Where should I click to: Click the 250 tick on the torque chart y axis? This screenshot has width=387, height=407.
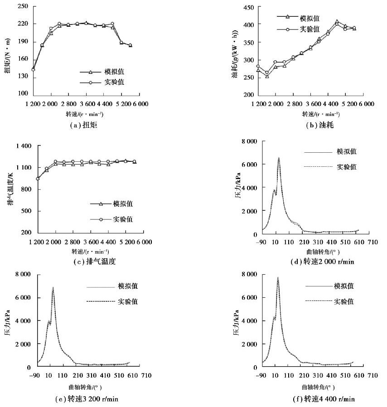pyautogui.click(x=23, y=6)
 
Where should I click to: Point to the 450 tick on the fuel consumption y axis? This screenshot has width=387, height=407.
pyautogui.click(x=248, y=7)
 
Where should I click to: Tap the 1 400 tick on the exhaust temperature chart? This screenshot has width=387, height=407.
pyautogui.click(x=20, y=146)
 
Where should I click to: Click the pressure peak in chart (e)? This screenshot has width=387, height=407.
pyautogui.click(x=53, y=287)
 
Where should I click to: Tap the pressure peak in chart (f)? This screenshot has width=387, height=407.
pyautogui.click(x=278, y=277)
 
